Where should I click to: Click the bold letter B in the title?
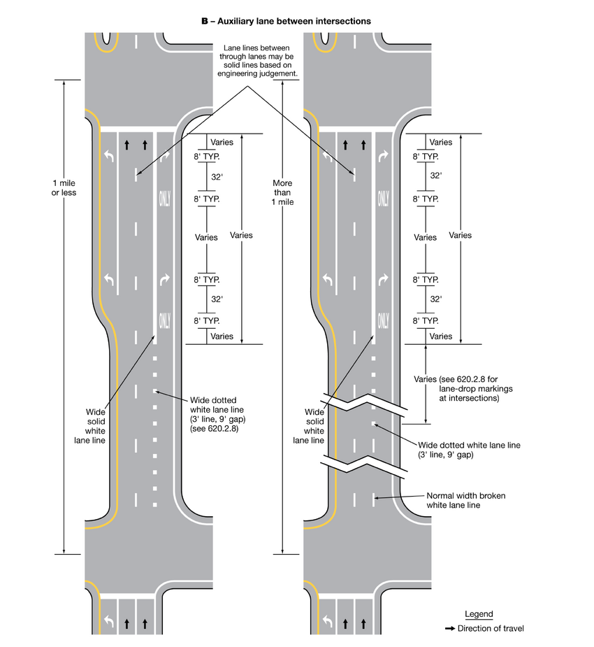[x=205, y=21]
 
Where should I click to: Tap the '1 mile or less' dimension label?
[x=64, y=187]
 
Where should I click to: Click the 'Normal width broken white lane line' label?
[x=465, y=500]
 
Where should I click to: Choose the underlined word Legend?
[x=479, y=614]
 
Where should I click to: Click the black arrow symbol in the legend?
[x=450, y=628]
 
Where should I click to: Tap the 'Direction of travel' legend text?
[x=491, y=628]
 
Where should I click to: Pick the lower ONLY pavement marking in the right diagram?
[x=383, y=321]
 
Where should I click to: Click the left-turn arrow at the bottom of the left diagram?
[x=108, y=620]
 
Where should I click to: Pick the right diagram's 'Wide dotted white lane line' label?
[x=469, y=450]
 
